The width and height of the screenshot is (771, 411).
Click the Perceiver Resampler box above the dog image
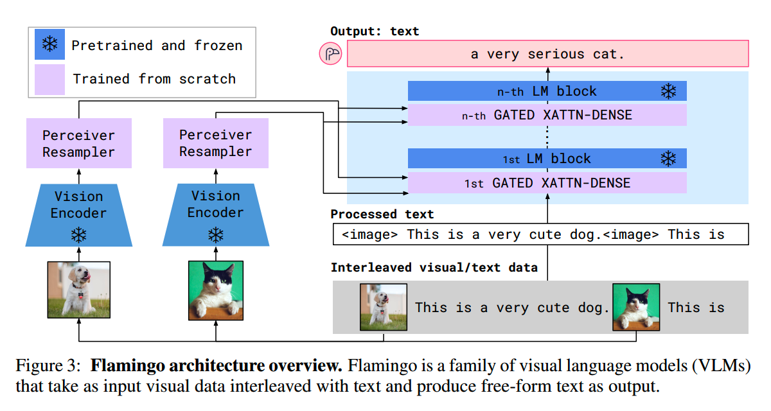[x=78, y=144]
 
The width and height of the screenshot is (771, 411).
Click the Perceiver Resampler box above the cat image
[x=215, y=143]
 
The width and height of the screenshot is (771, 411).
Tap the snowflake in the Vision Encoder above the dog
[x=78, y=235]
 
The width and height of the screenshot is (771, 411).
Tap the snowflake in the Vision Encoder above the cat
[x=215, y=235]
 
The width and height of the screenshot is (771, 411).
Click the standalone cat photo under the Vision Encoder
[x=215, y=290]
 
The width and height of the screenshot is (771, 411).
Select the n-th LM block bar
[x=547, y=91]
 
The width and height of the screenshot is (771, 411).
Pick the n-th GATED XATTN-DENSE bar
[x=547, y=116]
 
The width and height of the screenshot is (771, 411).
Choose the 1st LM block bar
[x=547, y=159]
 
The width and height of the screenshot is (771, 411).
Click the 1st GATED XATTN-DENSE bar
[x=547, y=183]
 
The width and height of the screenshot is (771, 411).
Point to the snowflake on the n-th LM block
[x=668, y=92]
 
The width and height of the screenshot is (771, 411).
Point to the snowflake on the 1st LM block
[x=668, y=159]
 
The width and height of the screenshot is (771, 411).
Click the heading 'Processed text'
[x=382, y=214]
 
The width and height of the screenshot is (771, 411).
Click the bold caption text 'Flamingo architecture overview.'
[x=216, y=367]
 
